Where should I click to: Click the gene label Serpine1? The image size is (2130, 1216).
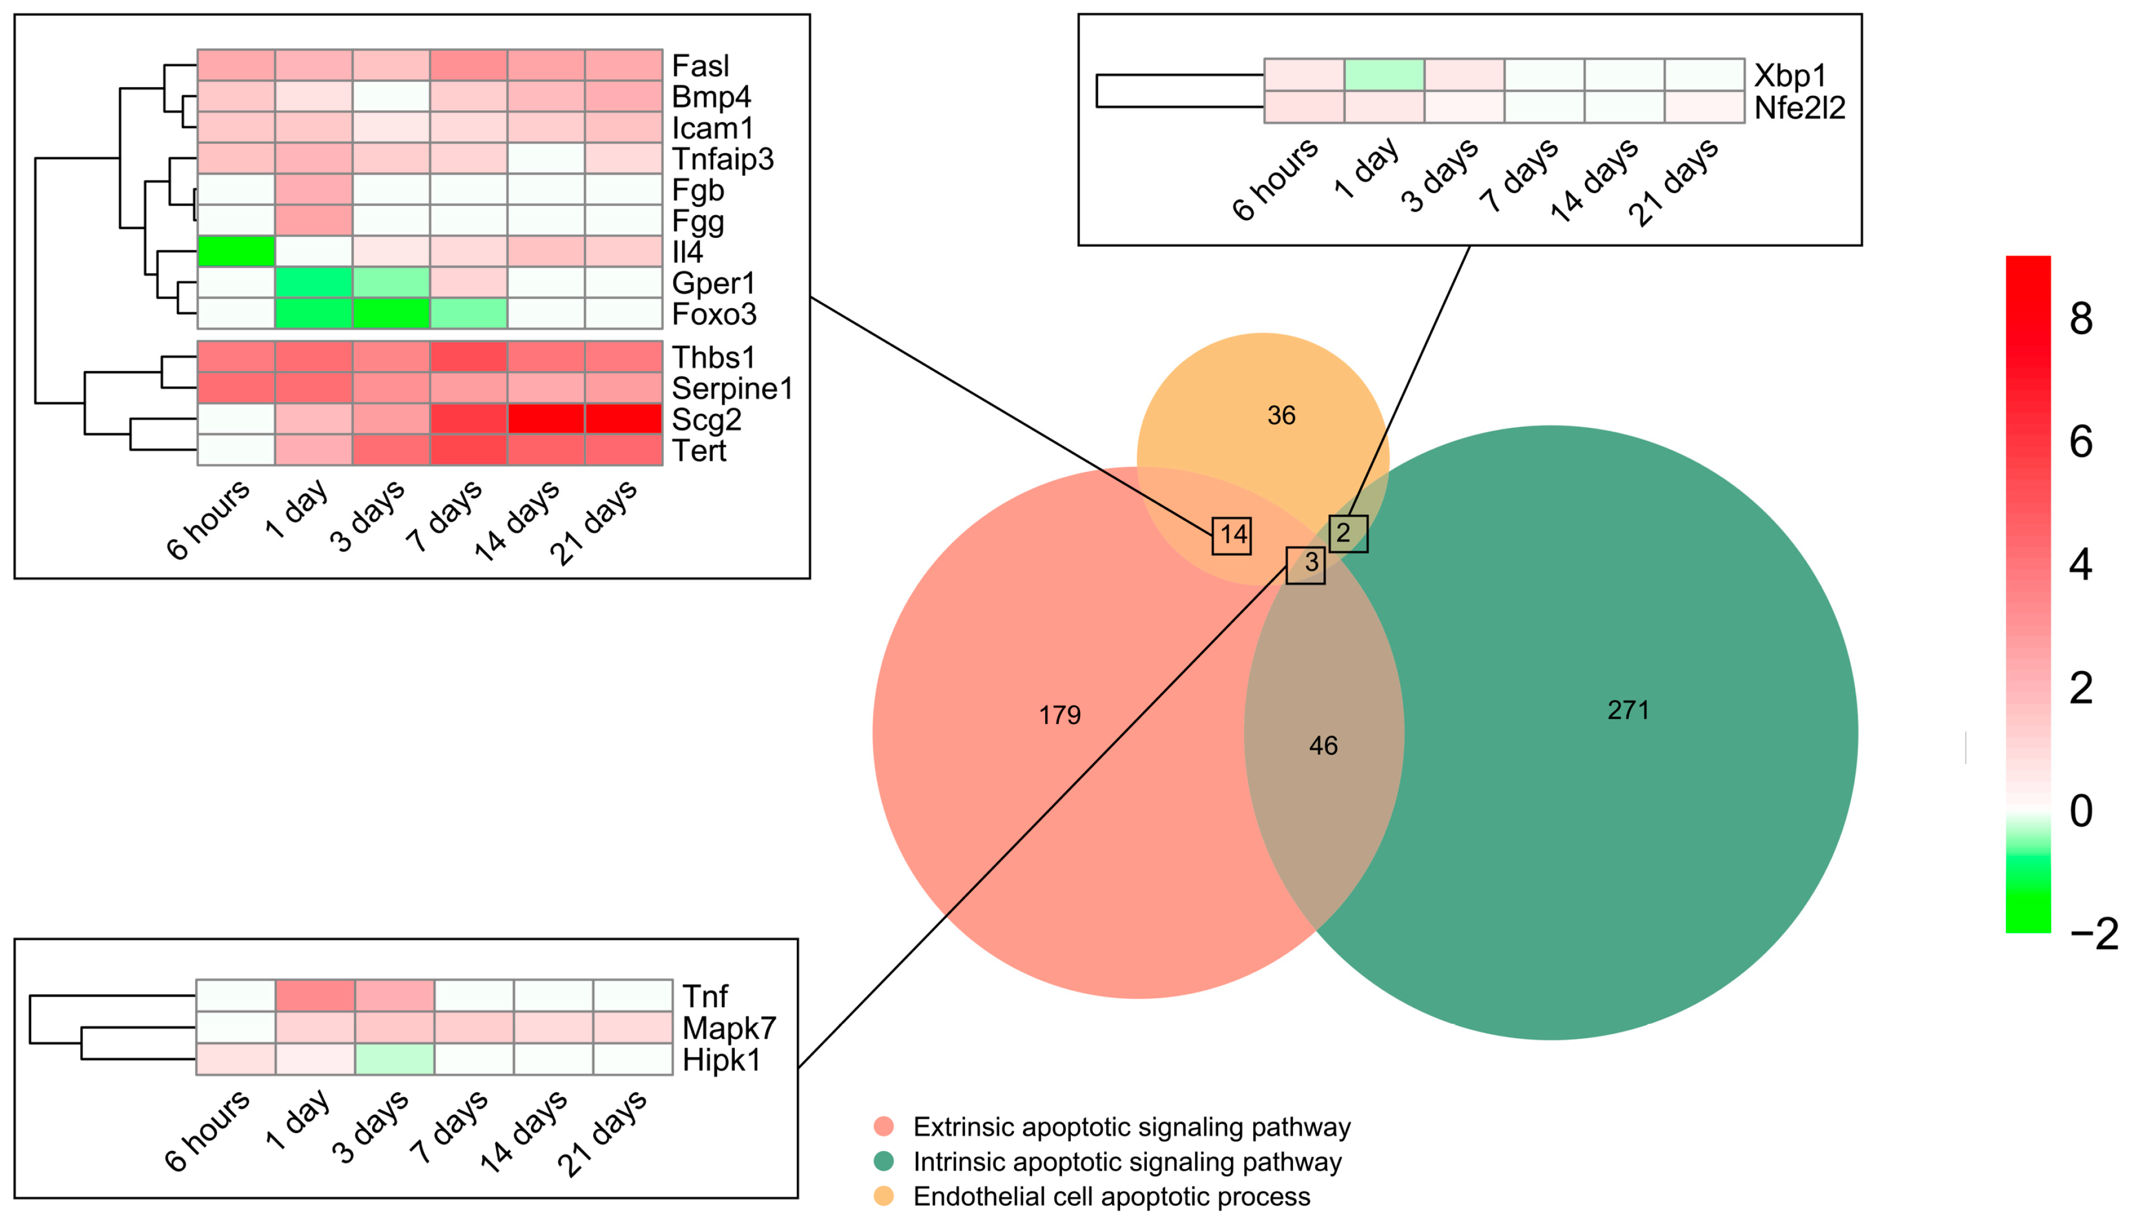coord(731,388)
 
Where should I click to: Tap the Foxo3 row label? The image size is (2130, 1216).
coord(714,314)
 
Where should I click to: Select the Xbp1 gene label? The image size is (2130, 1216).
coord(1789,75)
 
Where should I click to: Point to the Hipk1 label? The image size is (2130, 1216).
coord(721,1060)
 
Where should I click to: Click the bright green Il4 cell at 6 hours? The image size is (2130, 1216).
coord(236,251)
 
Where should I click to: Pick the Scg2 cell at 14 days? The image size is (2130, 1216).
coord(546,419)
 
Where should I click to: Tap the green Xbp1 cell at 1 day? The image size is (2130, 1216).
coord(1384,74)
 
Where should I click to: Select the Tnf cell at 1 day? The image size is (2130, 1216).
coord(315,995)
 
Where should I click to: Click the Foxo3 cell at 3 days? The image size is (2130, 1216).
coord(391,313)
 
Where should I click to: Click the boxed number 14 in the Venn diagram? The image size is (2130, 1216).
coord(1232,535)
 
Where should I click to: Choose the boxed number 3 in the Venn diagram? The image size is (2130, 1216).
coord(1306,564)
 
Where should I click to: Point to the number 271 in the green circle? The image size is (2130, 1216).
coord(1627,710)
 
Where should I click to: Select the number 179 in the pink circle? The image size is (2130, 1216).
coord(1060,715)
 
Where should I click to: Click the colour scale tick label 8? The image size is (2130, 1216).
coord(2081,319)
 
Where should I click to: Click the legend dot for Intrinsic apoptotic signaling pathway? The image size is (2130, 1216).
coord(883,1161)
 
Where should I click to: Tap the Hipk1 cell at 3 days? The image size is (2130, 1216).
coord(394,1059)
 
